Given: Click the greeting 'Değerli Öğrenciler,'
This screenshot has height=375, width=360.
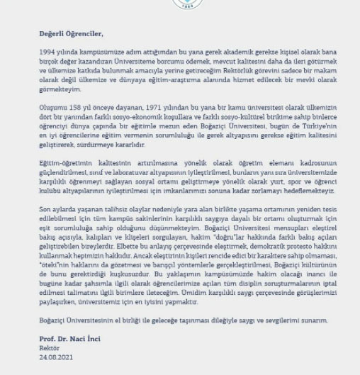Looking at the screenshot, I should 71,33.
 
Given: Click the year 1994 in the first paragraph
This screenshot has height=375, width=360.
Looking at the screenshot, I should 47,53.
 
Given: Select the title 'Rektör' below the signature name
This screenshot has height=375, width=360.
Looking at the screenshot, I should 49,348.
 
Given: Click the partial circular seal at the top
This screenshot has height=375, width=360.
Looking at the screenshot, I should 179,4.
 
